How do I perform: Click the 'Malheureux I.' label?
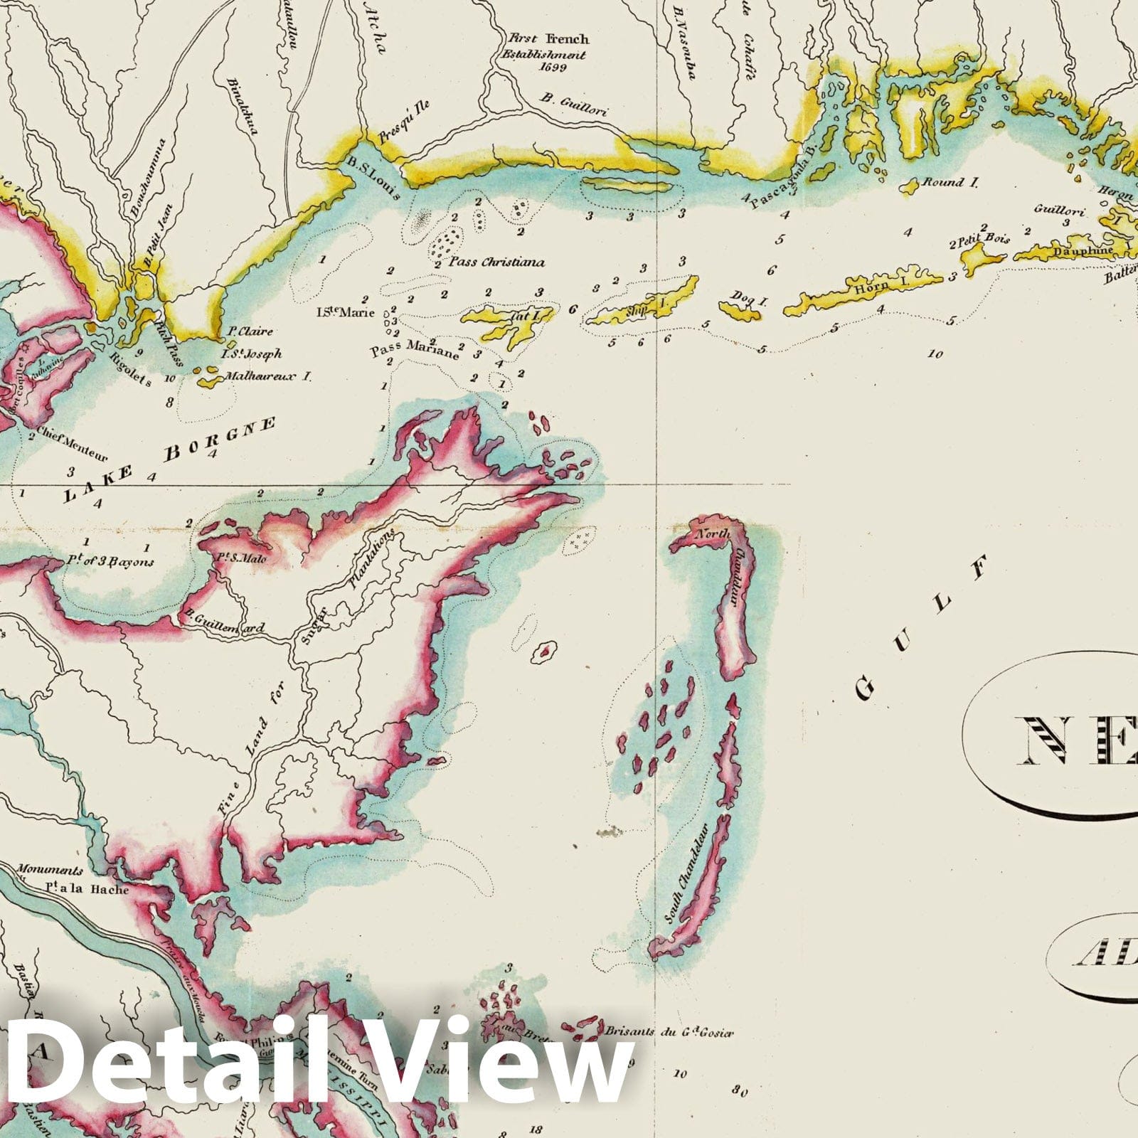(x=268, y=377)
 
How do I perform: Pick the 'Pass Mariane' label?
(x=415, y=350)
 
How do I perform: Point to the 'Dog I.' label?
(x=750, y=301)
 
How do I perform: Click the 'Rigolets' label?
(x=132, y=369)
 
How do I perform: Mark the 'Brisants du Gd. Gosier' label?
(x=669, y=1032)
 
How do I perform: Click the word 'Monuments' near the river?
(x=50, y=870)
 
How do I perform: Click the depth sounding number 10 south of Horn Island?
(x=935, y=353)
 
